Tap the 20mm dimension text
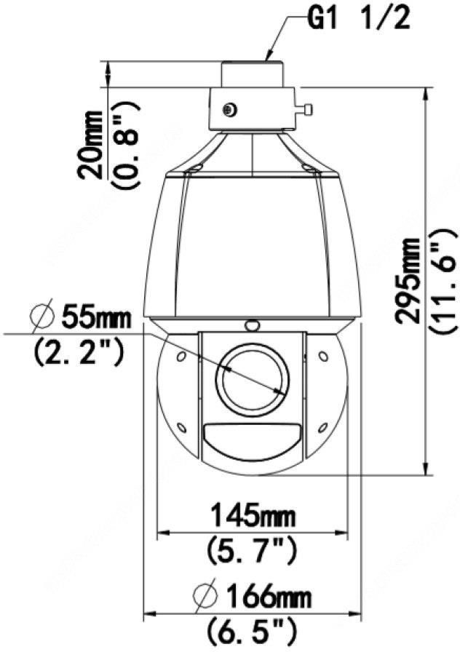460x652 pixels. tap(91, 145)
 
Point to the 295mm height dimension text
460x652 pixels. tap(408, 280)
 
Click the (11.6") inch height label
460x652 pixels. tap(443, 280)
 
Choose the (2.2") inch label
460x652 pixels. tap(78, 351)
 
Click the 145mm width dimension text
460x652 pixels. tap(253, 516)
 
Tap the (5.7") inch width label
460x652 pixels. tap(253, 549)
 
